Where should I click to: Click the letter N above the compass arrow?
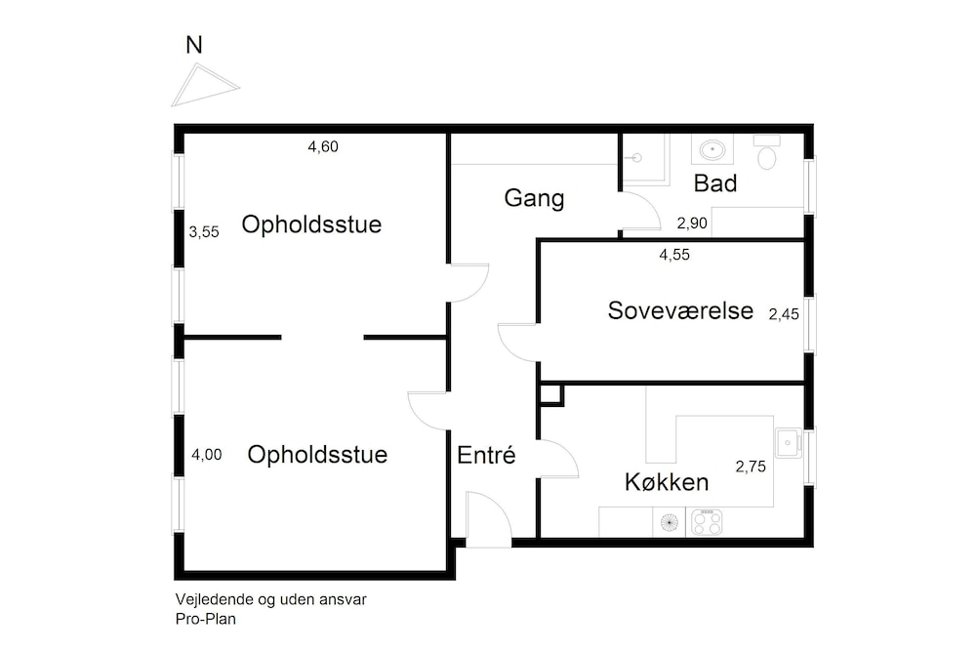(194, 44)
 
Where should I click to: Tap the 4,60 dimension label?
(323, 147)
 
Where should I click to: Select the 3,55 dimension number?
(204, 232)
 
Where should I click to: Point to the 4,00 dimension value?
(206, 454)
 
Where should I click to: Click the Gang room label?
(534, 198)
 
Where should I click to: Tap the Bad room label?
(714, 183)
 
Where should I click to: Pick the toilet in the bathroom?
(767, 154)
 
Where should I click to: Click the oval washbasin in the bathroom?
(712, 151)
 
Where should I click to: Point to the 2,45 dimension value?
(784, 313)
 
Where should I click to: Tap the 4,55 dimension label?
(675, 255)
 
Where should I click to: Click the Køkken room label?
(667, 482)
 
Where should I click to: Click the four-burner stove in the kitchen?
(707, 523)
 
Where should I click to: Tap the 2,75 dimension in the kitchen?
(750, 467)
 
